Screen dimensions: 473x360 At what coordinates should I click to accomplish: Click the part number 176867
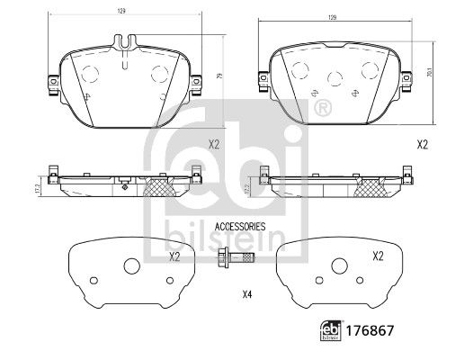click(x=370, y=330)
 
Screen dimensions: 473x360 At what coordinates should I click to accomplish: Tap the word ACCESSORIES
click(x=240, y=227)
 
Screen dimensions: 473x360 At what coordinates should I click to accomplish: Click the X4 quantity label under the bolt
click(x=247, y=294)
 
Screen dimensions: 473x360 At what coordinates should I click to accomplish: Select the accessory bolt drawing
click(x=236, y=258)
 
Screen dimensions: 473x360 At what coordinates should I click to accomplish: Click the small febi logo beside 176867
click(x=331, y=330)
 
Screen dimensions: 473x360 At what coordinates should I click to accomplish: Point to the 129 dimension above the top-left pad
click(x=121, y=11)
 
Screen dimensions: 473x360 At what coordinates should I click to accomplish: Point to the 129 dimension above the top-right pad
click(x=332, y=17)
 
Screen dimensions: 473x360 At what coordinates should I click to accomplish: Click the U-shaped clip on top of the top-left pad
click(x=126, y=42)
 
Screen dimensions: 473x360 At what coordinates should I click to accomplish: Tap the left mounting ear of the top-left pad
click(x=53, y=85)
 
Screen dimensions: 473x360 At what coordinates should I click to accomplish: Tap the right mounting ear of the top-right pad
click(x=406, y=82)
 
